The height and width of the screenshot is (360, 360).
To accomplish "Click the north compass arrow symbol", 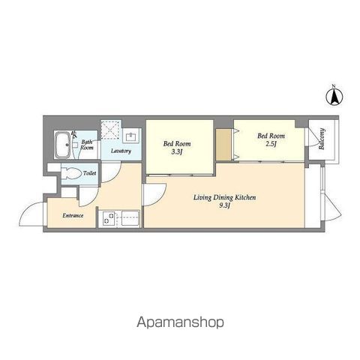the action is (x=334, y=97).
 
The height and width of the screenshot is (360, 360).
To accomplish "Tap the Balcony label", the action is (x=322, y=139).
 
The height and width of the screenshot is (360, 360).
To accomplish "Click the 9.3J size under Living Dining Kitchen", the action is (x=224, y=205).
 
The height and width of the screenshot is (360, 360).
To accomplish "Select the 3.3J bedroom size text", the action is (x=176, y=151).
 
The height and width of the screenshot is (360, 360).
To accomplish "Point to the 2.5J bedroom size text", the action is (x=271, y=144).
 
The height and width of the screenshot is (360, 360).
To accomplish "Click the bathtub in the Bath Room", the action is (x=62, y=145).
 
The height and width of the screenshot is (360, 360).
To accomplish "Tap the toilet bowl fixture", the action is (x=71, y=173).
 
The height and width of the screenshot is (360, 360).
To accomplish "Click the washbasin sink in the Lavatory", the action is (x=131, y=136).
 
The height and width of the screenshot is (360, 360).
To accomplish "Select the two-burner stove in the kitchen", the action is (x=109, y=218).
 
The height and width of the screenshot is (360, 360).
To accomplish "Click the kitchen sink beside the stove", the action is (x=130, y=218).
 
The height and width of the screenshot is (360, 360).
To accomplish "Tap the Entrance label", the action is (x=73, y=215).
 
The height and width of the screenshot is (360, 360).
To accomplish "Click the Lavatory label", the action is (x=121, y=151).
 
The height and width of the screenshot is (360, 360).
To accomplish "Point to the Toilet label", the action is (x=89, y=173).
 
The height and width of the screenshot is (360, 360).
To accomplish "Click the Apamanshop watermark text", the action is (x=180, y=322).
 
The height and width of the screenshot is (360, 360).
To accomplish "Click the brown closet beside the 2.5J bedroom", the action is (x=223, y=145).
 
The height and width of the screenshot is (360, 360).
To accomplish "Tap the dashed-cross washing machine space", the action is (x=109, y=130).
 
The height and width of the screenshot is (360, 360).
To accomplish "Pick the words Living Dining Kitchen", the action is (x=224, y=197).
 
